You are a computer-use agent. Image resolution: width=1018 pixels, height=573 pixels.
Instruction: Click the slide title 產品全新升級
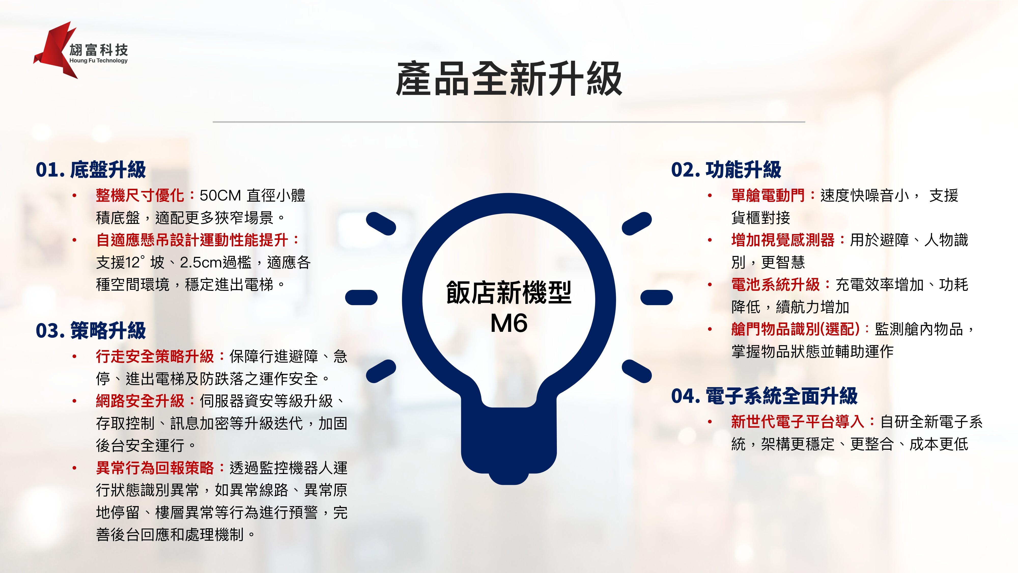coord(509,79)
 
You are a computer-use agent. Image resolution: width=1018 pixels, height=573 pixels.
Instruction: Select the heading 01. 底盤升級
coord(91,170)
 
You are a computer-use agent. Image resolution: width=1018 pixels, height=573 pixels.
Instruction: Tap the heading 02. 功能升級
coord(726,170)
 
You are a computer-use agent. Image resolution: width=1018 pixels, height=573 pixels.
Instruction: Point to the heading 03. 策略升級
coord(91,331)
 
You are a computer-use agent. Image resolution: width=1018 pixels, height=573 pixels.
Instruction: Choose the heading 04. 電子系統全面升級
coord(764,396)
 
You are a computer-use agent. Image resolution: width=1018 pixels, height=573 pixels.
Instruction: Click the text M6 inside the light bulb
coord(509,323)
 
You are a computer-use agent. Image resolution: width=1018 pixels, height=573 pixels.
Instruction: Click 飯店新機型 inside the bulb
coord(509,293)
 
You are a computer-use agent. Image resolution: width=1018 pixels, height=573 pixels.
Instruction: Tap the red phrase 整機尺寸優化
coord(140,195)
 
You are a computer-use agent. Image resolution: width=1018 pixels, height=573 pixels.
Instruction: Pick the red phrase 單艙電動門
coord(768,195)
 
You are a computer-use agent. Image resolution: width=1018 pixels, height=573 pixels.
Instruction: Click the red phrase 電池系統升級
coord(775,284)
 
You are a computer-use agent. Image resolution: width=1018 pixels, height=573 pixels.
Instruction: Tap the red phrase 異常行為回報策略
coord(155,468)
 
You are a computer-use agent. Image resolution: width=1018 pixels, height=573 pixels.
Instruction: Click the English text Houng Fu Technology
coord(98,61)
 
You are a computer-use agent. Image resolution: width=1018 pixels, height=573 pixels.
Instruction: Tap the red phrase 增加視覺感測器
coord(783,240)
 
